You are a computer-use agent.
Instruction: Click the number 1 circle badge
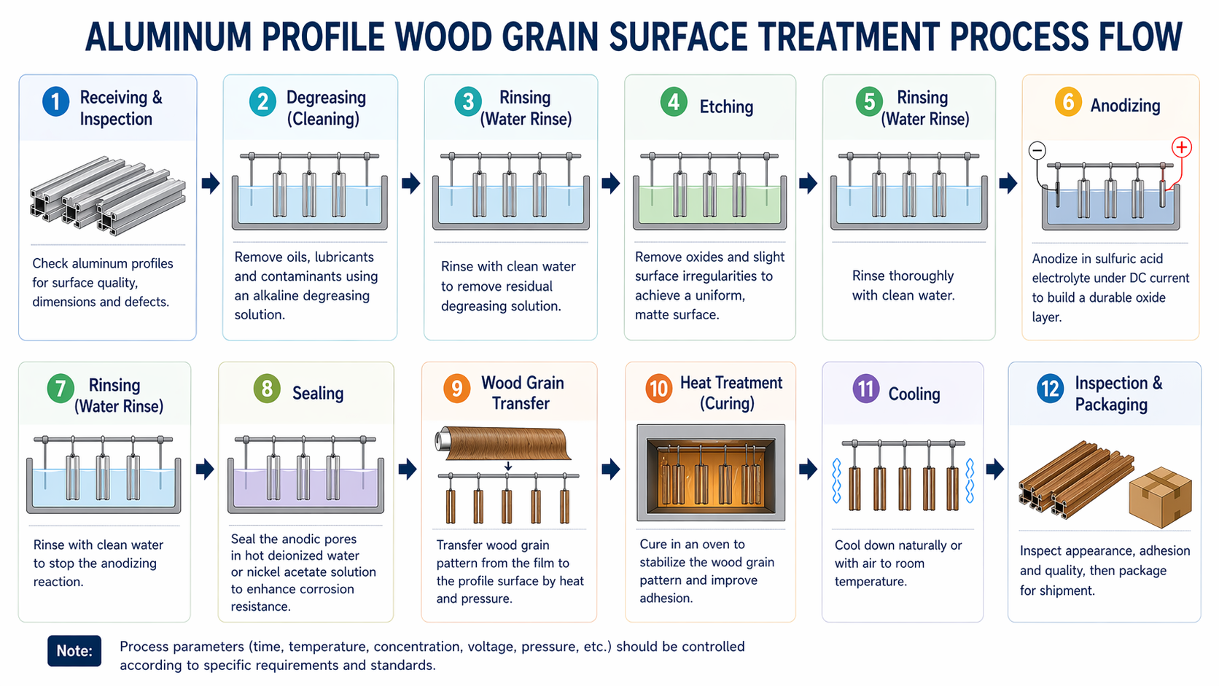pyautogui.click(x=56, y=101)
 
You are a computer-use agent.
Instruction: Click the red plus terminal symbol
pyautogui.click(x=1181, y=147)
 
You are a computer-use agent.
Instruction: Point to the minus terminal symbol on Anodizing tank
pyautogui.click(x=1037, y=151)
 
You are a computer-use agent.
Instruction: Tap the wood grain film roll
pyautogui.click(x=503, y=443)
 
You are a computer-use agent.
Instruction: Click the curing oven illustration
pyautogui.click(x=711, y=472)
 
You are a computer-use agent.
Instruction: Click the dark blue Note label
pyautogui.click(x=74, y=650)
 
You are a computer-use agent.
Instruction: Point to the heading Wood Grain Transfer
pyautogui.click(x=522, y=393)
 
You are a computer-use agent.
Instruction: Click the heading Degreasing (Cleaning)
pyautogui.click(x=325, y=108)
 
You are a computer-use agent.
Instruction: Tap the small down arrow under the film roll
pyautogui.click(x=508, y=467)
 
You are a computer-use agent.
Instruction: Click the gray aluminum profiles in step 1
pyautogui.click(x=107, y=195)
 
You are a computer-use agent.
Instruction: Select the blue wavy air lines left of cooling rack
pyautogui.click(x=836, y=481)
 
